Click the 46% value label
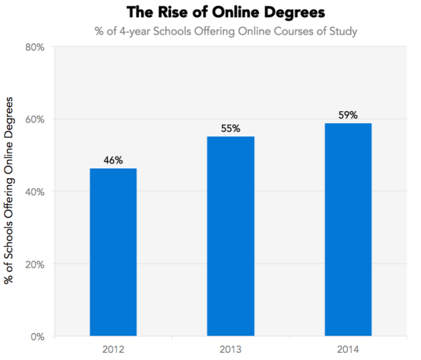pyautogui.click(x=113, y=160)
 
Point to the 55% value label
pyautogui.click(x=230, y=128)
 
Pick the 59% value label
pyautogui.click(x=347, y=115)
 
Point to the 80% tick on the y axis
pyautogui.click(x=35, y=47)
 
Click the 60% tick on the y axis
pyautogui.click(x=35, y=119)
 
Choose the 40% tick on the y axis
pyautogui.click(x=35, y=192)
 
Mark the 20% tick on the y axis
pyautogui.click(x=35, y=264)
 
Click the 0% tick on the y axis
pyautogui.click(x=37, y=336)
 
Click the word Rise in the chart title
pyautogui.click(x=173, y=12)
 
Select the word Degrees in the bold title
pyautogui.click(x=291, y=12)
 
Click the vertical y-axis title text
pyautogui.click(x=9, y=191)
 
